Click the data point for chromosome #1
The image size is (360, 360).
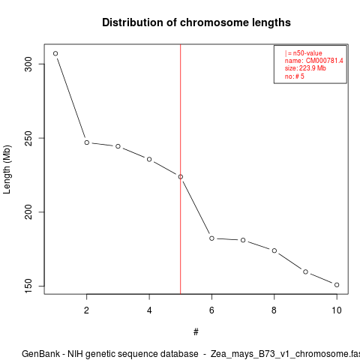pos(55,53)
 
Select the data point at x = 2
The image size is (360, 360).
pos(87,142)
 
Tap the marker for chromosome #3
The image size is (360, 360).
pos(118,146)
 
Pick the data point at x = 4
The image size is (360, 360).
pos(149,159)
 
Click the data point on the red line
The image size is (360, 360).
pos(181,177)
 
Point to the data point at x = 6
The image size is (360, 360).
pos(211,238)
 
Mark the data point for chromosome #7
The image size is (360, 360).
pos(243,240)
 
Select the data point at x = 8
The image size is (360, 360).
pos(274,250)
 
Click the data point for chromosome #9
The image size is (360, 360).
pos(305,271)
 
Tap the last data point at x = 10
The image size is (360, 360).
pos(337,285)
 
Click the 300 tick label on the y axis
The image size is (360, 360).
pos(28,64)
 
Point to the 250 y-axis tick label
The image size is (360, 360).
pos(28,138)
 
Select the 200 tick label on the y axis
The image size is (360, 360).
pos(28,212)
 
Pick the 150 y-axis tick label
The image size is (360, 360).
pos(28,286)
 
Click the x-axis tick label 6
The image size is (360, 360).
pos(211,310)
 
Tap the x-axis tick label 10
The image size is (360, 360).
pos(337,310)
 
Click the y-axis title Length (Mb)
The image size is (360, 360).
pos(7,169)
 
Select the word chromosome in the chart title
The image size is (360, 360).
pos(214,22)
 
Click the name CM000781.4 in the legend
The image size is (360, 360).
pos(325,61)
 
